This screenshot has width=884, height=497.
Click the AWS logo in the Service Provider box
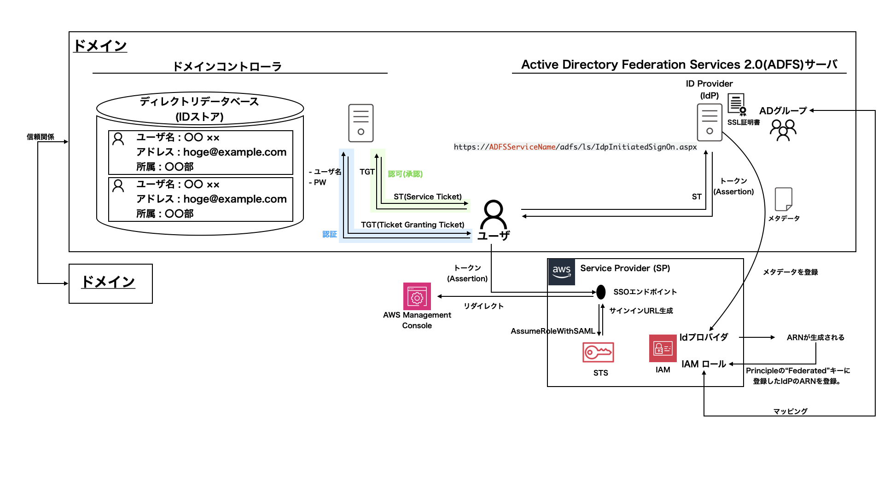click(x=561, y=272)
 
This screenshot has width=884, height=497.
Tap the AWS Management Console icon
click(x=417, y=296)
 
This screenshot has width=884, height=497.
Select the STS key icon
click(x=598, y=353)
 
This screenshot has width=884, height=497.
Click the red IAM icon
click(x=663, y=348)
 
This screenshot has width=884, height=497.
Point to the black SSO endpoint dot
click(x=601, y=292)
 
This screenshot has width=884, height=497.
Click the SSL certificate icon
click(x=737, y=104)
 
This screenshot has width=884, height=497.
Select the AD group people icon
click(x=783, y=130)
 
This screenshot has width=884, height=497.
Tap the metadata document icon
click(x=783, y=199)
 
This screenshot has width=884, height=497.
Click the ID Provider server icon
click(x=710, y=122)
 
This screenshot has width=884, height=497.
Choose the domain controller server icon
click(x=361, y=123)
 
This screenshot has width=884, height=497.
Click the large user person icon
click(x=493, y=215)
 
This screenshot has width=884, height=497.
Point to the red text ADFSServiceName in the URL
click(x=522, y=147)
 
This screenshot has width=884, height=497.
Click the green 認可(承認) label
click(x=405, y=174)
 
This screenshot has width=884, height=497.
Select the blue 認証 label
click(x=329, y=234)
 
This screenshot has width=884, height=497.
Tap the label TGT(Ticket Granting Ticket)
click(x=413, y=225)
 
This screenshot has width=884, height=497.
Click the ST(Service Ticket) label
click(x=427, y=196)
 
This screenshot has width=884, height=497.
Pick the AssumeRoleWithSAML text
click(x=552, y=331)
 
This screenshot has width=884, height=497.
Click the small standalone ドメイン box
click(x=110, y=283)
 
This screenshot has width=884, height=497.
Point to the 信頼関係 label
click(x=41, y=137)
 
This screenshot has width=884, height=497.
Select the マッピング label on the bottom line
click(x=790, y=411)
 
